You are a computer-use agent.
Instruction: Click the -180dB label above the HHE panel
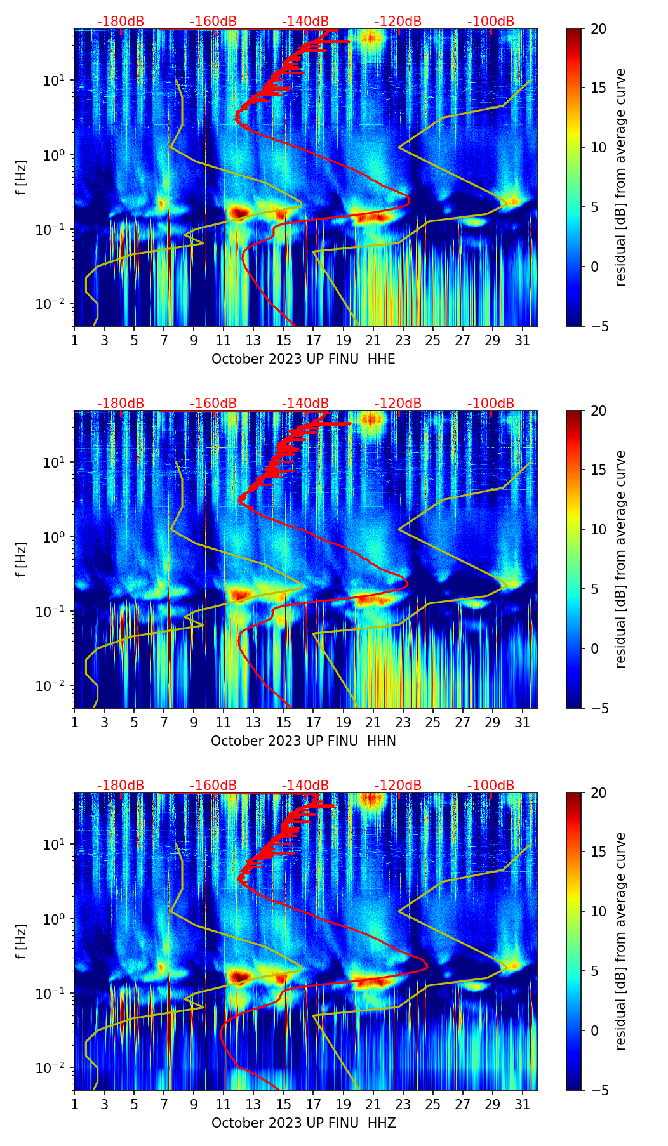121,22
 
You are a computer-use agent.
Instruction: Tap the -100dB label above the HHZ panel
491,785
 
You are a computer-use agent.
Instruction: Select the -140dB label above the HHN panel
305,404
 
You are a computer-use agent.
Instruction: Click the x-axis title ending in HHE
304,359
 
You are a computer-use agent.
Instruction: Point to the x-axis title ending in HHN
304,741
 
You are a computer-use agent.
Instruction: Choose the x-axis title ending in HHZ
304,1123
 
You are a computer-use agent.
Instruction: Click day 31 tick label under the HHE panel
522,341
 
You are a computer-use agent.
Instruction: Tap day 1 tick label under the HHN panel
74,723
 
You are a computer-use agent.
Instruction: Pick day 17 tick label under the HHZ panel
313,1105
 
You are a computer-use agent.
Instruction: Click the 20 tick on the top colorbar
598,29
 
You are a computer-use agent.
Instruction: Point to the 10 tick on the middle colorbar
598,529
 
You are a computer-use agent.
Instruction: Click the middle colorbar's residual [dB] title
620,559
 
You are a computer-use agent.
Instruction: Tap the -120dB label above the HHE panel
398,22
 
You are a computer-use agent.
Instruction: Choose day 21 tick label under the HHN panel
373,723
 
